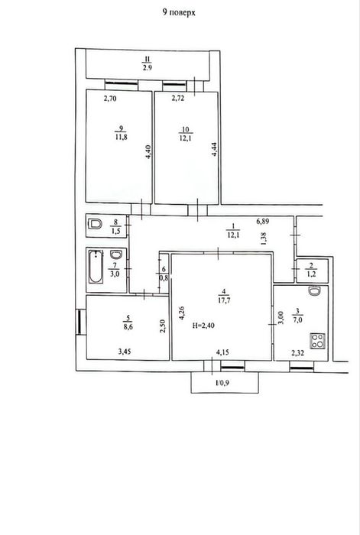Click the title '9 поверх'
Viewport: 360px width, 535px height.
179,13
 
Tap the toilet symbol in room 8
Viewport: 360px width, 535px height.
95,224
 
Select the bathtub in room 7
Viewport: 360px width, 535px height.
96,267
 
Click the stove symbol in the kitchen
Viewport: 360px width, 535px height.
318,341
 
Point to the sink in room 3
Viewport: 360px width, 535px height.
314,290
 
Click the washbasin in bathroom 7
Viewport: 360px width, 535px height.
116,255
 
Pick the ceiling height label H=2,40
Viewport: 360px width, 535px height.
203,326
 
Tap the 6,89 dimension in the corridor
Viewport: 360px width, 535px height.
263,221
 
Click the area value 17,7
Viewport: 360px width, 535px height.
223,300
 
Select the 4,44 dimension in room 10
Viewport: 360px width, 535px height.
215,149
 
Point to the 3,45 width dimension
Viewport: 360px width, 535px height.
125,352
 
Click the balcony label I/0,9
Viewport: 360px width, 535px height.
222,382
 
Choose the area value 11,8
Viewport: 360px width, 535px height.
121,137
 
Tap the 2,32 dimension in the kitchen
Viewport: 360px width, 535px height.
298,354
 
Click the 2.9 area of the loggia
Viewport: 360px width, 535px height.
148,67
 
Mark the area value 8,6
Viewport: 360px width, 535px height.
128,326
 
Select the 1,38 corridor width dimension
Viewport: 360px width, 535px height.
264,238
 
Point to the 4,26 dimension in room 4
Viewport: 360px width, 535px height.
182,313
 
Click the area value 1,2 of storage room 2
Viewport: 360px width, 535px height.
312,274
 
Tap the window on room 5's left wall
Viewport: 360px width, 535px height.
79,322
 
